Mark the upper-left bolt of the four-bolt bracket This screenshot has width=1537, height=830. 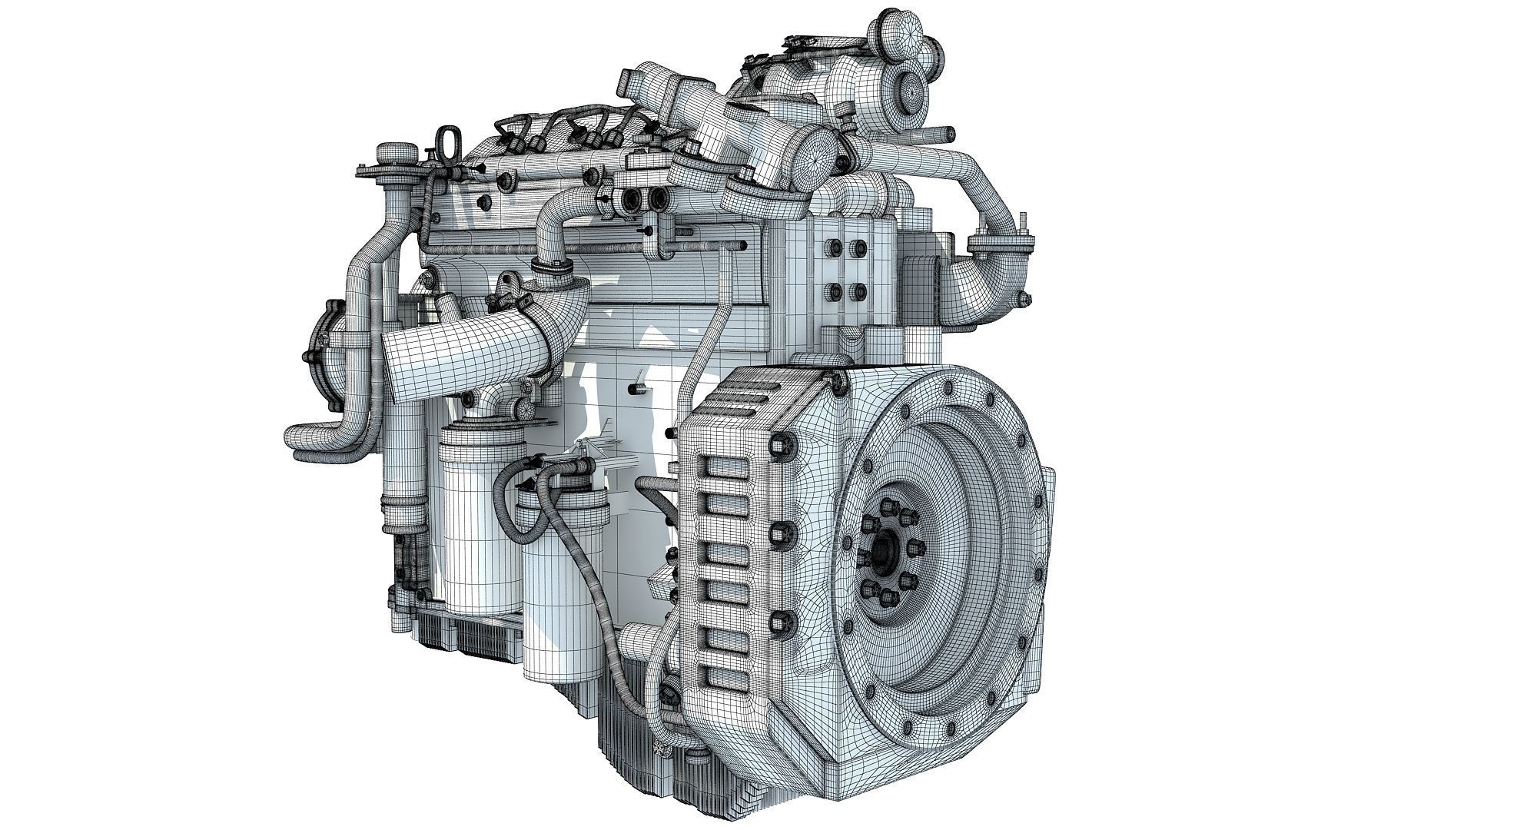[x=831, y=247]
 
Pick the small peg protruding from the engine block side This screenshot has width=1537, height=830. [x=639, y=381]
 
